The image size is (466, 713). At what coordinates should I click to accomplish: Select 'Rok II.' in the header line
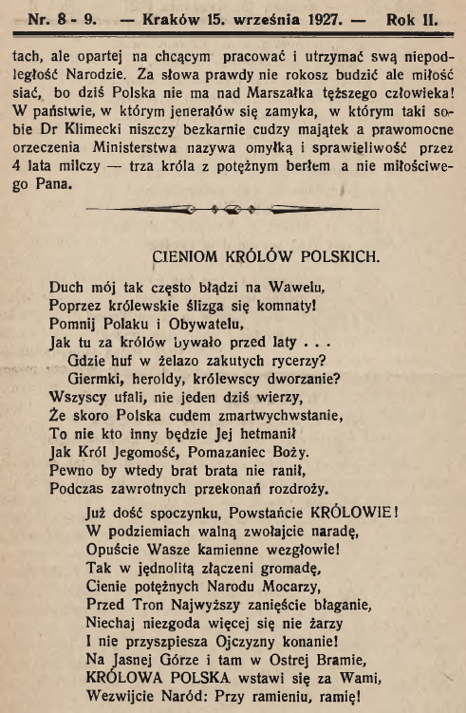(x=402, y=17)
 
